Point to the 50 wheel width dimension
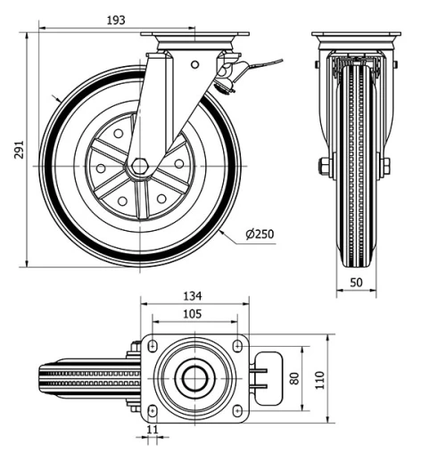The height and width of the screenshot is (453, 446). pyautogui.click(x=356, y=282)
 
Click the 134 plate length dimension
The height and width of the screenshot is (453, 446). pyautogui.click(x=193, y=296)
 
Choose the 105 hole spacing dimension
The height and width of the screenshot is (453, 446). pyautogui.click(x=193, y=314)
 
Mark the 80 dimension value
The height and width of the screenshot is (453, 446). pyautogui.click(x=295, y=378)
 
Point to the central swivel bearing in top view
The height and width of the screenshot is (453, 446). pyautogui.click(x=194, y=378)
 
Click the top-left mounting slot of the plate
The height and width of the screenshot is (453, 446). pyautogui.click(x=152, y=344)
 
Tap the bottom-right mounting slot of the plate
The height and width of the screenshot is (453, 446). pyautogui.click(x=236, y=411)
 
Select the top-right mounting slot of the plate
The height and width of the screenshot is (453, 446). pyautogui.click(x=236, y=344)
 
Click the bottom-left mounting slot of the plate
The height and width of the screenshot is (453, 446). pyautogui.click(x=152, y=411)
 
